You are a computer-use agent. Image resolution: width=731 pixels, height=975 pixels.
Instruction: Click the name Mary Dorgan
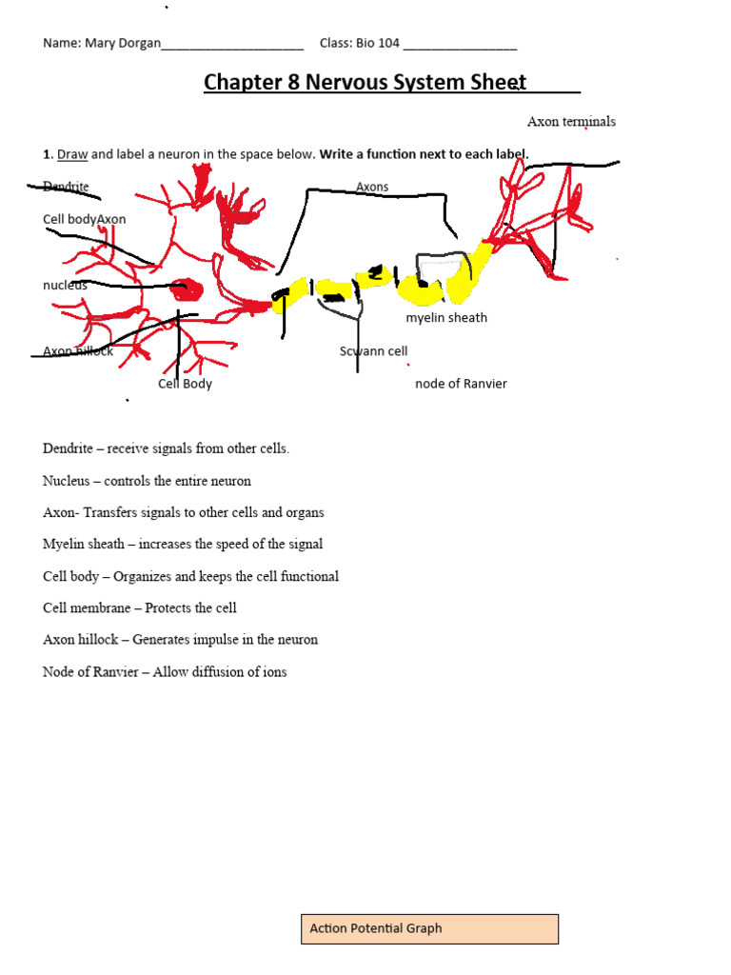tap(123, 44)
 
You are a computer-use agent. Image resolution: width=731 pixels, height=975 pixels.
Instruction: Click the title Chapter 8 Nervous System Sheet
tap(365, 82)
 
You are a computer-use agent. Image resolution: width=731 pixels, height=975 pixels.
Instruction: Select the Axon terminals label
tap(571, 122)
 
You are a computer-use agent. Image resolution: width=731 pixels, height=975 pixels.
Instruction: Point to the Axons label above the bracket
tap(372, 187)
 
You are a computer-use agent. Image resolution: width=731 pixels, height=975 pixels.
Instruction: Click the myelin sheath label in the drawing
tap(446, 318)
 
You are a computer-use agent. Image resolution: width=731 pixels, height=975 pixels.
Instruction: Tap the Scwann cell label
tap(373, 351)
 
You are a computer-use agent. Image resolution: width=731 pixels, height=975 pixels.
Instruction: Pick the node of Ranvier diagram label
tap(461, 384)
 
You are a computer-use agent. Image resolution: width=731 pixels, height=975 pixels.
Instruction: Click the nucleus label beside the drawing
tap(65, 285)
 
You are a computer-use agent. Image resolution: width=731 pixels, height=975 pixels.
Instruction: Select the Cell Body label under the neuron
tap(185, 384)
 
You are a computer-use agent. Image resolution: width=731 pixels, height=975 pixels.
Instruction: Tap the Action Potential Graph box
tap(429, 928)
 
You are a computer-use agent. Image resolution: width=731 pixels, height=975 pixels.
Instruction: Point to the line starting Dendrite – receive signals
tap(166, 448)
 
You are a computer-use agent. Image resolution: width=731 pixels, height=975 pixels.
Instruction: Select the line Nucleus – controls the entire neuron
tap(147, 481)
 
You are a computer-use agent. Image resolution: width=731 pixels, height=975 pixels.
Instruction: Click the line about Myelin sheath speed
tap(183, 545)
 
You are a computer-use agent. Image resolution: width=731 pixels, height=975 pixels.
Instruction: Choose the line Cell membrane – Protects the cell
tap(140, 608)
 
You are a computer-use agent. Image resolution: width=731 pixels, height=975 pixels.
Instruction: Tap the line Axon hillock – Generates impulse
tap(180, 640)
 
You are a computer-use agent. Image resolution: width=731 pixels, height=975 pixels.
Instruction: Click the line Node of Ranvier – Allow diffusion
tap(165, 672)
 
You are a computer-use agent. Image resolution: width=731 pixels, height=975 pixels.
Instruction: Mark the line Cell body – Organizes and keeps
tap(190, 576)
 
